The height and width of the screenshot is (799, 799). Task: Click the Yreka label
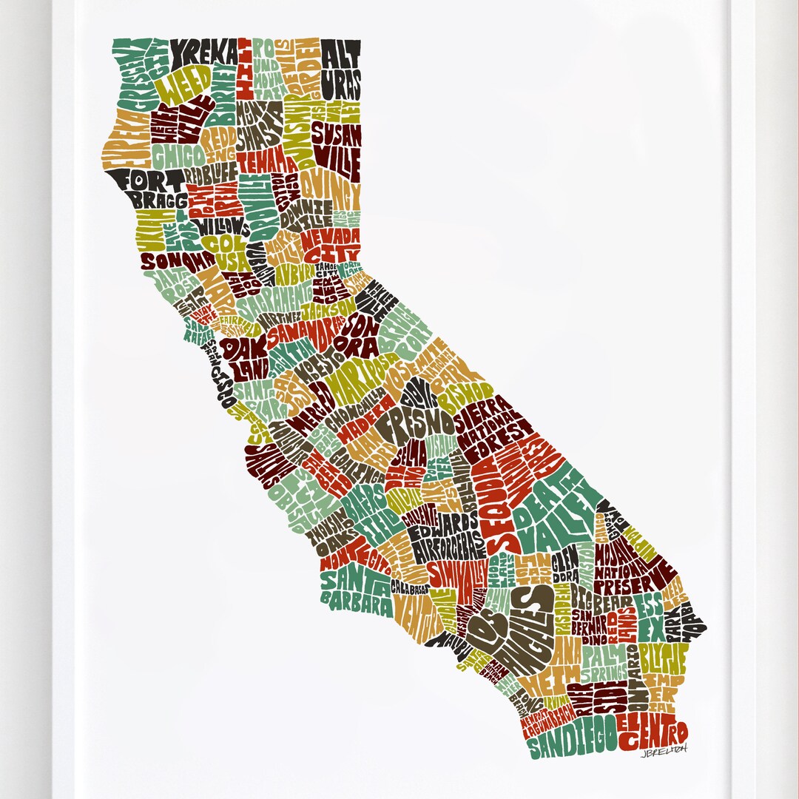click(205, 53)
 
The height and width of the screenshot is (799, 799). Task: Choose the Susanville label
click(337, 144)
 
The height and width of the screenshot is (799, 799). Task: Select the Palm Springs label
click(605, 663)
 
